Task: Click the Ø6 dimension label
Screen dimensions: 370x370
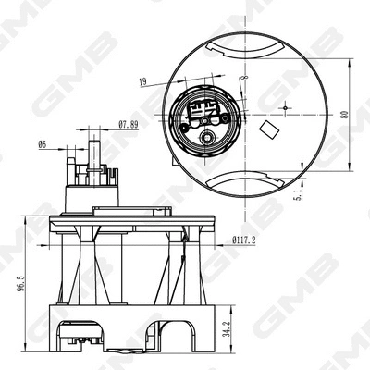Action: [43, 144]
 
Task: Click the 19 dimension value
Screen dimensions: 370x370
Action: [143, 83]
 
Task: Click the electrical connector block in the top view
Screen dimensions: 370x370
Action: [206, 113]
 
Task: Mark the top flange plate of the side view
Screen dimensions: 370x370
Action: [121, 218]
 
